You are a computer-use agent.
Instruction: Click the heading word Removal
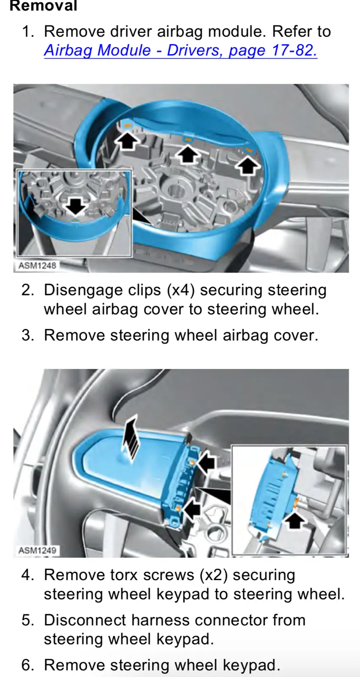click(44, 6)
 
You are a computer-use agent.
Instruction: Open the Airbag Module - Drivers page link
click(181, 50)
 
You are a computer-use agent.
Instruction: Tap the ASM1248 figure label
click(37, 265)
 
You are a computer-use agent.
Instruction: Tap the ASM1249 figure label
click(37, 550)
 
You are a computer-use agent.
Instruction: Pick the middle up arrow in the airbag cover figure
click(188, 154)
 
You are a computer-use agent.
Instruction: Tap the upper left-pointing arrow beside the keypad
click(206, 462)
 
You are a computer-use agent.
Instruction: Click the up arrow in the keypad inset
click(295, 518)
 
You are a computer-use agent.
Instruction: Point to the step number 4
click(27, 575)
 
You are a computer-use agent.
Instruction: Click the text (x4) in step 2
click(181, 290)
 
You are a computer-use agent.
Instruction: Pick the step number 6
click(27, 665)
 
